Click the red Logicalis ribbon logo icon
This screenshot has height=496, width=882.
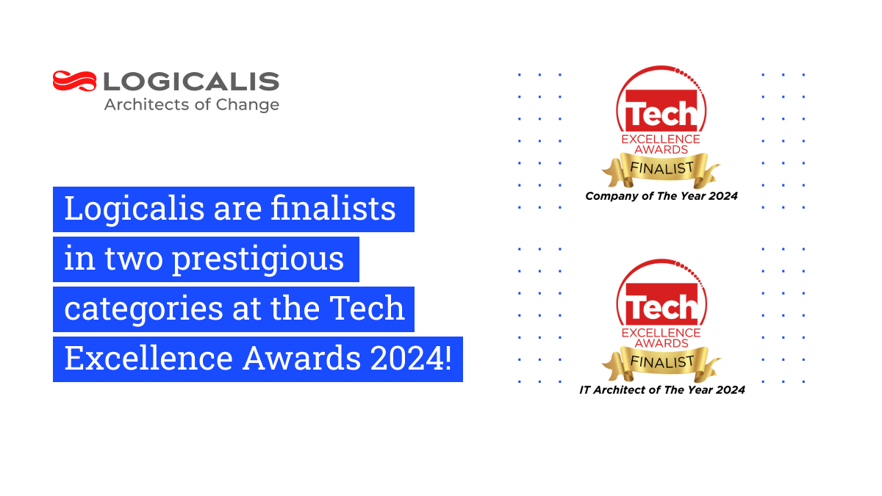[74, 81]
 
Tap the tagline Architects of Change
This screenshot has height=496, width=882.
[191, 104]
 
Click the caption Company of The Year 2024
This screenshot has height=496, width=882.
[661, 196]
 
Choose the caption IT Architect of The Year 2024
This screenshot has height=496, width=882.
[661, 390]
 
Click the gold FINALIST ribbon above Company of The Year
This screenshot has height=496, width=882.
[661, 168]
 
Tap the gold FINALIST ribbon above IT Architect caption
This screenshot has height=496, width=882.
[661, 362]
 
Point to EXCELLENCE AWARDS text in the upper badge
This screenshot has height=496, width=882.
[661, 144]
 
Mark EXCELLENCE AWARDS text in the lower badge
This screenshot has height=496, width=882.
[661, 338]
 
